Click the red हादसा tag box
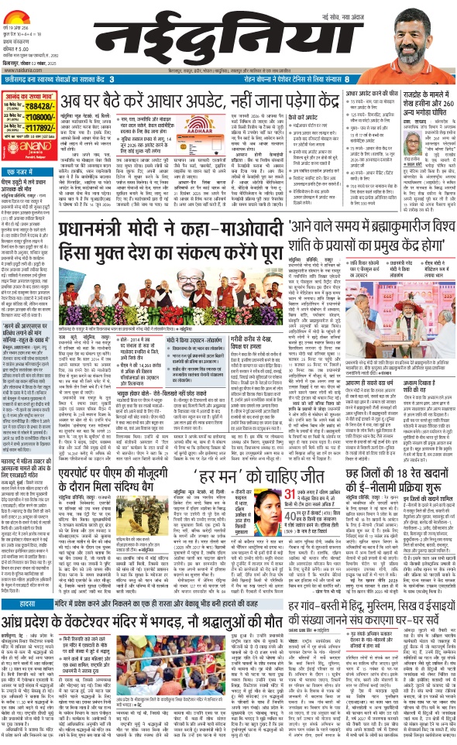pos(20,579)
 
